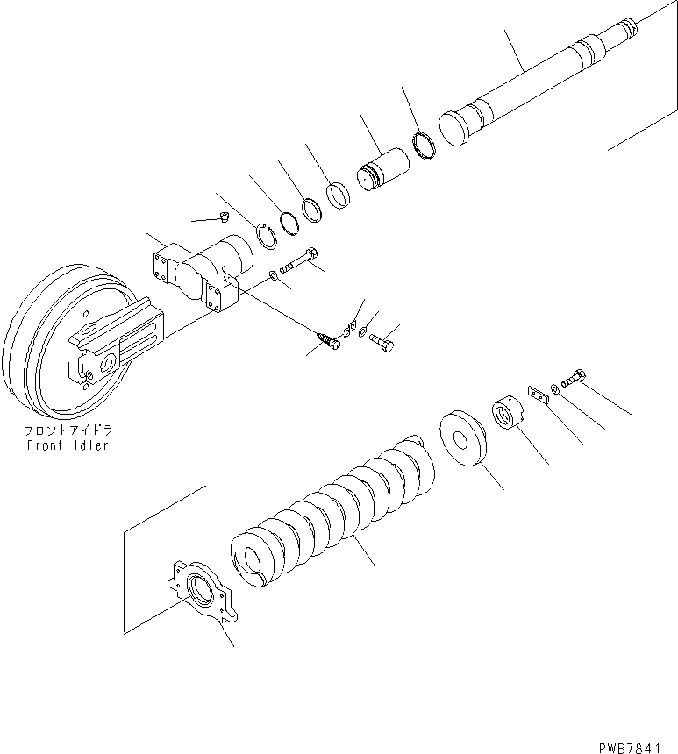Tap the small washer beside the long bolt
274,277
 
